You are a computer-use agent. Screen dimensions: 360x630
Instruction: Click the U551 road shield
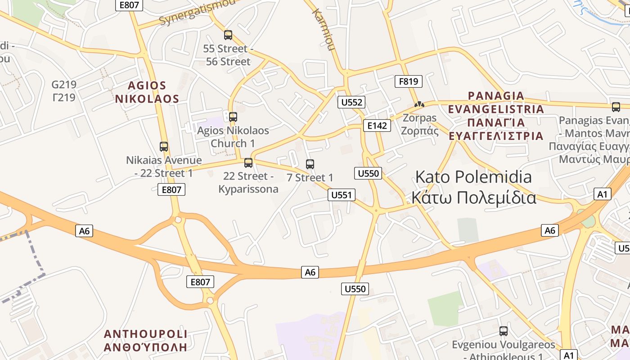tap(342, 195)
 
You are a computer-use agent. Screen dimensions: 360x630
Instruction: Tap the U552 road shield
tap(351, 102)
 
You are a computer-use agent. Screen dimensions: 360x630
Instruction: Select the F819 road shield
tap(409, 81)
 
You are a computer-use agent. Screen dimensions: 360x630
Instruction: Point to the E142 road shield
tap(377, 126)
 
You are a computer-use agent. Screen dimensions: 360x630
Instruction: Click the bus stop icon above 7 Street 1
tap(310, 164)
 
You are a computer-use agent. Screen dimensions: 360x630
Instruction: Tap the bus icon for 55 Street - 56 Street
tap(228, 35)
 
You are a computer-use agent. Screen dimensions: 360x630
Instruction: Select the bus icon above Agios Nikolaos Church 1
tap(233, 117)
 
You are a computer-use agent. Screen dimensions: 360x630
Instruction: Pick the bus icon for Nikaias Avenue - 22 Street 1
tap(164, 147)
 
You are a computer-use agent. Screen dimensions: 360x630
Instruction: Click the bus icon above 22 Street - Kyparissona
tap(248, 163)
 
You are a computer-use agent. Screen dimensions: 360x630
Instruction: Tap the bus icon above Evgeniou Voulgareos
tap(504, 331)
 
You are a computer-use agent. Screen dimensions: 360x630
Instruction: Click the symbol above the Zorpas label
tap(419, 104)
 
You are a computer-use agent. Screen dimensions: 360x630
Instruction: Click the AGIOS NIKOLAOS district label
tap(147, 92)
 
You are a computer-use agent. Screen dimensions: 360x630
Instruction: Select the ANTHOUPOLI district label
tap(145, 340)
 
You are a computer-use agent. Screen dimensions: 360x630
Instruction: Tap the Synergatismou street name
tap(197, 13)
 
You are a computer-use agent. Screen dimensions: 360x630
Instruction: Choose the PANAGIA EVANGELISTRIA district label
tap(496, 116)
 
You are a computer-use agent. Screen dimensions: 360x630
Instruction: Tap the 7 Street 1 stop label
tap(310, 178)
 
